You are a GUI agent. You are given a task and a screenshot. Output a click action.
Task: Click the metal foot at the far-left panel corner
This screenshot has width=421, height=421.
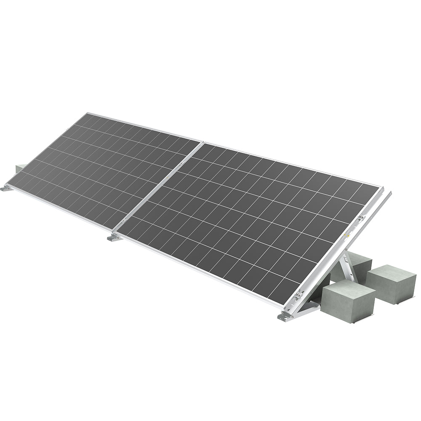[7, 188]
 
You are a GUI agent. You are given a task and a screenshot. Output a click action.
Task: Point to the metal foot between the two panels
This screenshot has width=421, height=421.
[114, 238]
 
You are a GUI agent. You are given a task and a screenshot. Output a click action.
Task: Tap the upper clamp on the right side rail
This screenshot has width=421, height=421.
[361, 218]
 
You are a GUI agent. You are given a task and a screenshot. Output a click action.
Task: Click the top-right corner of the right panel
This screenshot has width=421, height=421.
[381, 186]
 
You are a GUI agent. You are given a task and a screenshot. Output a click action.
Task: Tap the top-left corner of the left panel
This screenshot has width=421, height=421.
[87, 113]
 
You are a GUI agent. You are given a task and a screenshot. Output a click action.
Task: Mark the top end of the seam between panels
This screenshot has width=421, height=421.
[202, 142]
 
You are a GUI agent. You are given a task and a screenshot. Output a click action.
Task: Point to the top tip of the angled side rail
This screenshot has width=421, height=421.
[390, 193]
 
